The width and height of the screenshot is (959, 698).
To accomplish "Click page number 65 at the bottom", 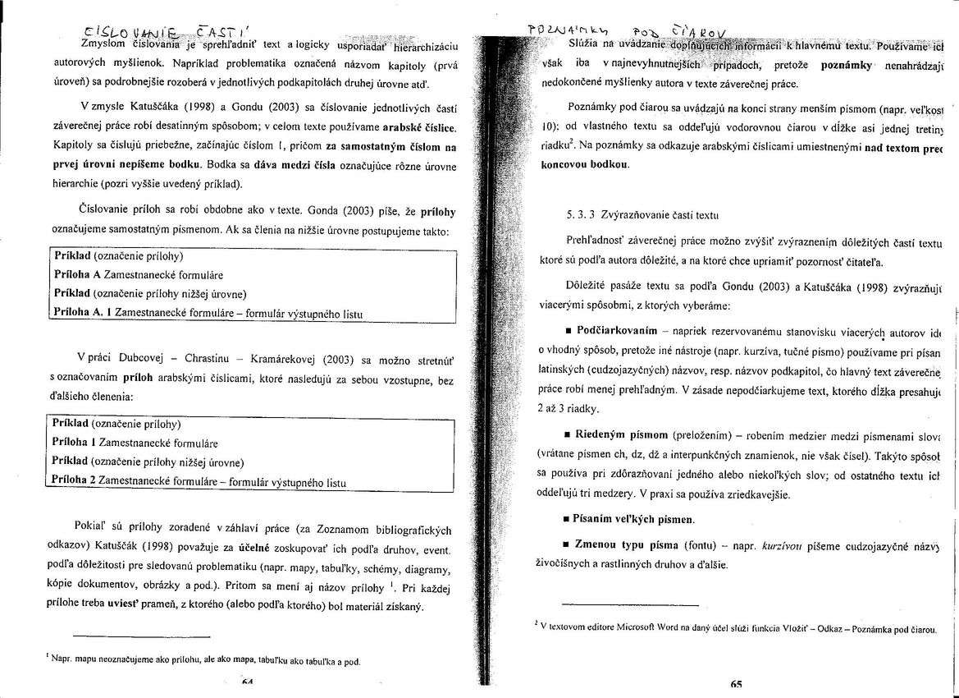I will (735, 683).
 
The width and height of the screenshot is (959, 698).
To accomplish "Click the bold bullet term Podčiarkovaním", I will (617, 330).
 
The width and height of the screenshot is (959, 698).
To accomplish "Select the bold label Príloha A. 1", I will (81, 312).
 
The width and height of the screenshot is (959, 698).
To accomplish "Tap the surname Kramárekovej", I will (280, 360).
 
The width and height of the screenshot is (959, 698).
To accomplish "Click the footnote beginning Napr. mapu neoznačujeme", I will (205, 659).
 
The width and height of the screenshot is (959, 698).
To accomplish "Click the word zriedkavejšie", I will (754, 494).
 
